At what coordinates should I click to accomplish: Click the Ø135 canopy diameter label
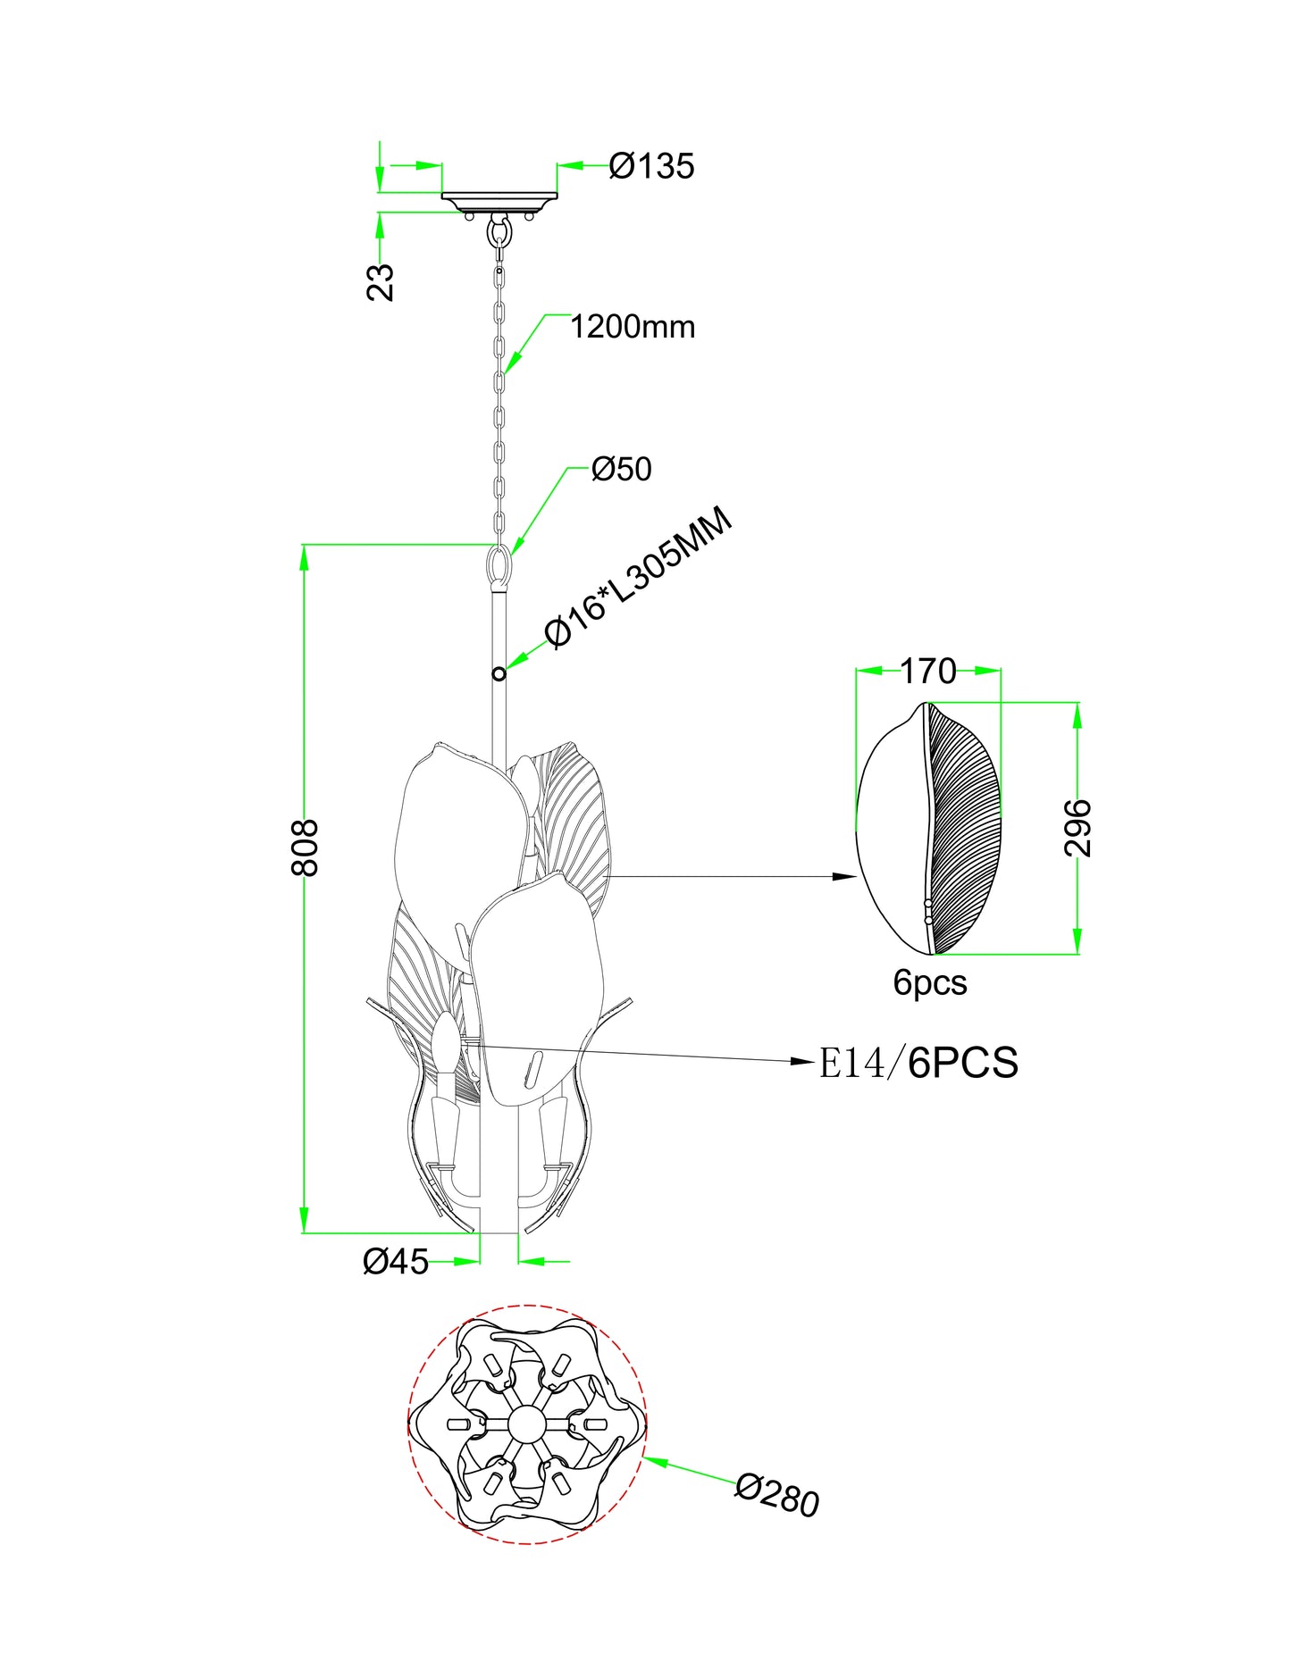651,166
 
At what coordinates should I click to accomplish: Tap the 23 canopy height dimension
381,281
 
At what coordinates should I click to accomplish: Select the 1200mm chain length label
633,327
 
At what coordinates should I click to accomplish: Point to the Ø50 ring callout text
622,469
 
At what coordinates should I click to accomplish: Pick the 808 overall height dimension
306,848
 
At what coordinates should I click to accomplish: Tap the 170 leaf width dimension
927,672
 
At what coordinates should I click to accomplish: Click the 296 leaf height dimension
1078,828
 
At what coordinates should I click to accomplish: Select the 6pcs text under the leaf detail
930,982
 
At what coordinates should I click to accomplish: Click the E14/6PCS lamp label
918,1063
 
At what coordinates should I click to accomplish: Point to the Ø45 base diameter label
396,1261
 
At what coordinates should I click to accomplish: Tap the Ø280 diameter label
777,1495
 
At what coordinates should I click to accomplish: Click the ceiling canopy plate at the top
499,199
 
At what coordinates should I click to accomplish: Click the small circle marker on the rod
499,673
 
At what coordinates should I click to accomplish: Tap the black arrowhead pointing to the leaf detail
844,876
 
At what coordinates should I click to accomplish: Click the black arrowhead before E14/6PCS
804,1061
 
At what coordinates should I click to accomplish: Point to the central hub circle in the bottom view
525,1424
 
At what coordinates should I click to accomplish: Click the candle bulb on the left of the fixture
444,1041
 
